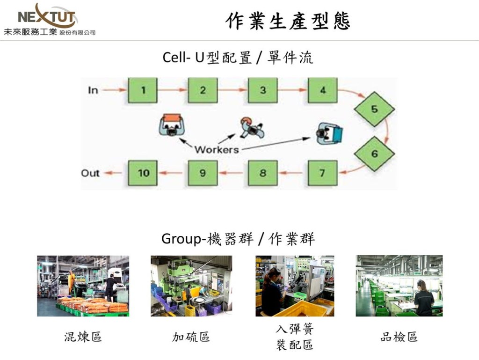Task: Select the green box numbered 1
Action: pos(143,90)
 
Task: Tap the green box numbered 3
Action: pos(262,90)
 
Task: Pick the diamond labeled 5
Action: pos(374,109)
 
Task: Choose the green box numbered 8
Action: pos(262,173)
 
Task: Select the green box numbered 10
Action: pos(143,173)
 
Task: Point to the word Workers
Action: pos(217,150)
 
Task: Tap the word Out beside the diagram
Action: pos(90,173)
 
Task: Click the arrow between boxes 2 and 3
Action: pos(232,90)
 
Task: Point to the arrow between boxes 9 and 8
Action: pos(232,173)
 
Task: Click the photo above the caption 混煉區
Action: pos(83,286)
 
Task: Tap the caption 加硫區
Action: pos(191,337)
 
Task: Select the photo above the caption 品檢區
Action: pos(399,286)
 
